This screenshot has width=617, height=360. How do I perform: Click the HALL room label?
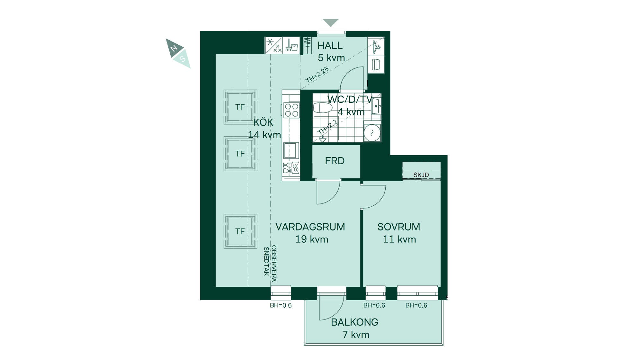pos(330,45)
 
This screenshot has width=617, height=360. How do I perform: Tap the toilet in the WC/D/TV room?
pos(322,108)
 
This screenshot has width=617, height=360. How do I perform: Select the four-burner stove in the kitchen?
pos(291,110)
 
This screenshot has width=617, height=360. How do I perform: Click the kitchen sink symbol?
pos(291,150)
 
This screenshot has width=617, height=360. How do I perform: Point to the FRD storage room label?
pos(335,161)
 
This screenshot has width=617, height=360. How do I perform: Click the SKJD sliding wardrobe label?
pos(421,175)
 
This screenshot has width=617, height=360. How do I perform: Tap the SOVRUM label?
pos(399,227)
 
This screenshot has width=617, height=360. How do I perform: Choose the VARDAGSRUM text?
pos(310,227)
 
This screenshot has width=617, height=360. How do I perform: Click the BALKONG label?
pos(354,322)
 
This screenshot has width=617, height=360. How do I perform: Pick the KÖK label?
pos(263,122)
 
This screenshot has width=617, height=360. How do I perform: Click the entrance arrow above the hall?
pos(331,22)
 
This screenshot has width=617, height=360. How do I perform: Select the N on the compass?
pos(174,48)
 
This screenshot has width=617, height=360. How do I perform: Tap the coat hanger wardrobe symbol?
pos(376,47)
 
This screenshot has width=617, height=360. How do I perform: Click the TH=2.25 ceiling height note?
pos(317,75)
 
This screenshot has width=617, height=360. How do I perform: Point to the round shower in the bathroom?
pos(372,133)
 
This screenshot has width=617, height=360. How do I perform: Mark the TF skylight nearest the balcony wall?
pos(240,231)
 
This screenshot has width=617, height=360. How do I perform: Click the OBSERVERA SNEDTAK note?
pos(270,264)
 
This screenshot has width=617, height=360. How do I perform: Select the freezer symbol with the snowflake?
pos(273,45)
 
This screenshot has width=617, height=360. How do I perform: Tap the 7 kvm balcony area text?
pos(356,335)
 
